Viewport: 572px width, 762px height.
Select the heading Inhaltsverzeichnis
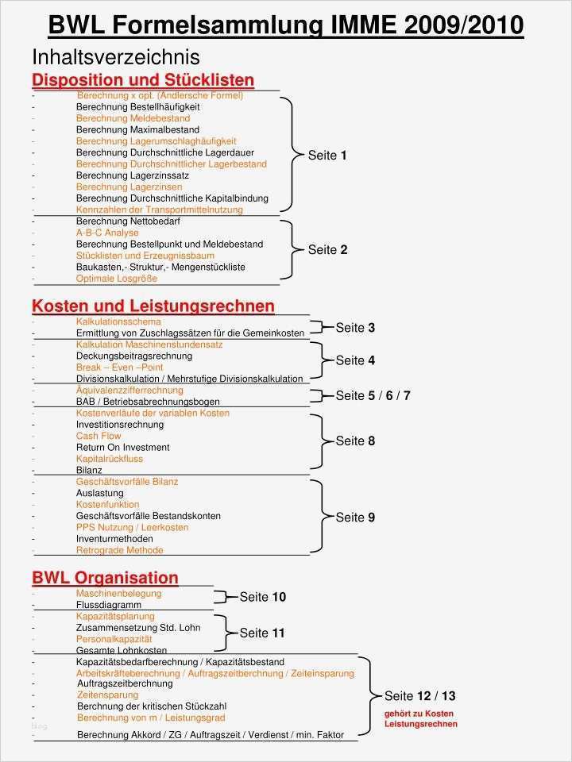116,57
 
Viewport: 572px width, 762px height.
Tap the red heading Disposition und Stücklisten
143,80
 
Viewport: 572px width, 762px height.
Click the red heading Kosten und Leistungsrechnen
153,306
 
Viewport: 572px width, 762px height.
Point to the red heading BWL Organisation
105,578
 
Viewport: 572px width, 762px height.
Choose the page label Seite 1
327,156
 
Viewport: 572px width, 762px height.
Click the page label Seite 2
327,250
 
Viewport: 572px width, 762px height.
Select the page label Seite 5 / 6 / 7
373,395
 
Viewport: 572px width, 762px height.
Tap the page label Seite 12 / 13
419,696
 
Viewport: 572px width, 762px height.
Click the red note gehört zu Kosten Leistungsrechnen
420,719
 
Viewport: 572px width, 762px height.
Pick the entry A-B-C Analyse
107,233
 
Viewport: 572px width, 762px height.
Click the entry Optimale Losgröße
117,279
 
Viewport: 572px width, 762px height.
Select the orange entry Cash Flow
99,436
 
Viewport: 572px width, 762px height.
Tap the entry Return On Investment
122,448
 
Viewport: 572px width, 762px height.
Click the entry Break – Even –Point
119,368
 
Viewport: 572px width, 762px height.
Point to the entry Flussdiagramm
109,605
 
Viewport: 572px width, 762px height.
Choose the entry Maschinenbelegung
118,594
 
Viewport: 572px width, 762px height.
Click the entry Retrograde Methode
119,550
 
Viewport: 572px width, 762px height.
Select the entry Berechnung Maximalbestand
137,129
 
